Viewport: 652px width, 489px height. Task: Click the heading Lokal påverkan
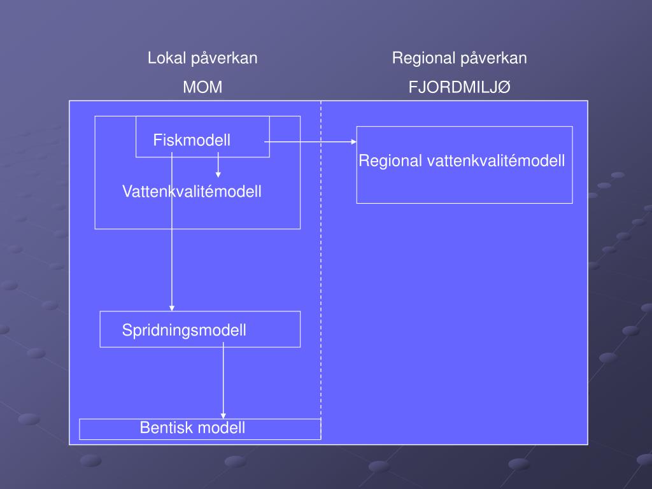click(x=202, y=59)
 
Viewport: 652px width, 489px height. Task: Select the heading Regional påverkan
click(x=459, y=59)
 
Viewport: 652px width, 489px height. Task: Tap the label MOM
click(x=202, y=87)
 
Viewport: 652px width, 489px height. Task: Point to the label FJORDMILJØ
click(x=459, y=87)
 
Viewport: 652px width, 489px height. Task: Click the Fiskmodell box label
click(x=192, y=140)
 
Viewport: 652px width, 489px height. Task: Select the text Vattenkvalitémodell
click(x=192, y=191)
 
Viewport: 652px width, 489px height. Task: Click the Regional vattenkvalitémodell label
click(x=462, y=161)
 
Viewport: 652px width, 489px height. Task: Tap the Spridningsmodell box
click(x=184, y=330)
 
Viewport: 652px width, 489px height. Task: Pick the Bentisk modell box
click(x=192, y=428)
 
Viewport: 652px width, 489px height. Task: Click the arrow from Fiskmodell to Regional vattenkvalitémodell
click(x=309, y=142)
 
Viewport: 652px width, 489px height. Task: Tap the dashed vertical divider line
click(x=321, y=267)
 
